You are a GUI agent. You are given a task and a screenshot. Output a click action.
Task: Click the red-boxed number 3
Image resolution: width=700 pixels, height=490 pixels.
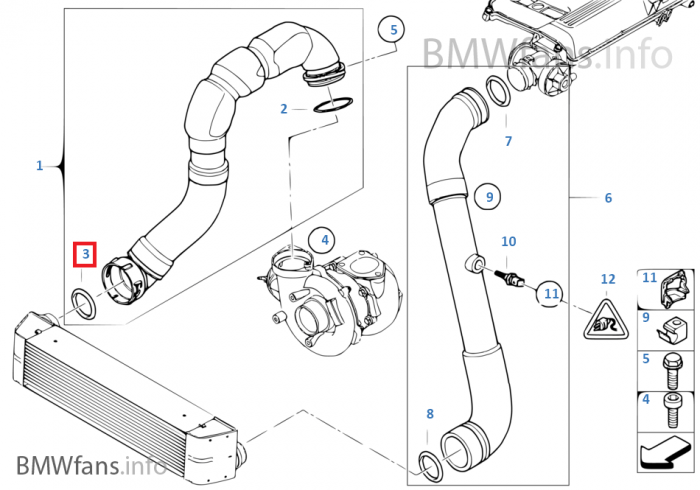pyautogui.click(x=87, y=255)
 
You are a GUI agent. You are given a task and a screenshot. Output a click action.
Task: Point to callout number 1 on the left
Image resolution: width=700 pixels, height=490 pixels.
pyautogui.click(x=40, y=165)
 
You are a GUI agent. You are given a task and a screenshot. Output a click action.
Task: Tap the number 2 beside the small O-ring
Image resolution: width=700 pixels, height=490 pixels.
pyautogui.click(x=284, y=108)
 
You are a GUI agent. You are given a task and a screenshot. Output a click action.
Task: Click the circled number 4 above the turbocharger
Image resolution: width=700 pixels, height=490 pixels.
pyautogui.click(x=322, y=240)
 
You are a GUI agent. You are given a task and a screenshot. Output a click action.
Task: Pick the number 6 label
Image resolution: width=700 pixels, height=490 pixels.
pyautogui.click(x=608, y=198)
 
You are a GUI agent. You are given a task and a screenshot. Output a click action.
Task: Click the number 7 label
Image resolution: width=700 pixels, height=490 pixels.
pyautogui.click(x=508, y=142)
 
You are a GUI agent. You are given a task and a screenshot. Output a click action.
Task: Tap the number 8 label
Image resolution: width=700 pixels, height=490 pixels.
pyautogui.click(x=430, y=413)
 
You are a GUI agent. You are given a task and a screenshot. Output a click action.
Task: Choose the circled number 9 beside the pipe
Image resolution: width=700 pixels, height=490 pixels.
pyautogui.click(x=489, y=198)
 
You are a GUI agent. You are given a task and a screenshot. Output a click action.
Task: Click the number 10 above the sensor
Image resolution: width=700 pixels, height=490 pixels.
pyautogui.click(x=509, y=241)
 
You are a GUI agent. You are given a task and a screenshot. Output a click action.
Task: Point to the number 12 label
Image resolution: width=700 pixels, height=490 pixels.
pyautogui.click(x=608, y=279)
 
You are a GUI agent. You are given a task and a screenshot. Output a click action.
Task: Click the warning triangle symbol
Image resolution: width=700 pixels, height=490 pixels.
pyautogui.click(x=604, y=321)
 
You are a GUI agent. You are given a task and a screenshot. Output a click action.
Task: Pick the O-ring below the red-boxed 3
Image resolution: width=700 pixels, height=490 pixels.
pyautogui.click(x=83, y=303)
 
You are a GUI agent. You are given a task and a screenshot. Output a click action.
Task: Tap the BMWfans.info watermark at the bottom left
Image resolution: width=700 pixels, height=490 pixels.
pyautogui.click(x=91, y=465)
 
